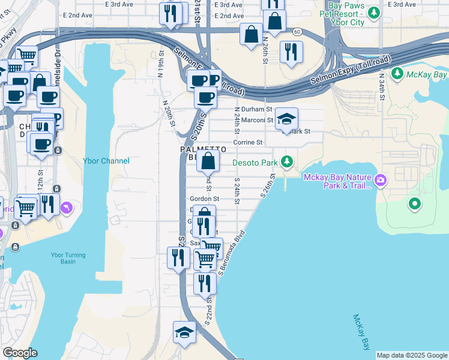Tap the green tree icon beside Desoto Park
coord(288,161)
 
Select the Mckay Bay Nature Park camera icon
coord(380,180)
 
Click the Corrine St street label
coord(248,142)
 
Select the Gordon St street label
coord(205,199)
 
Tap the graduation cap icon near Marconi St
coord(286,118)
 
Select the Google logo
coord(20,353)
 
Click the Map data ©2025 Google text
coord(411,355)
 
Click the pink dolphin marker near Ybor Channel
coord(66,208)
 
